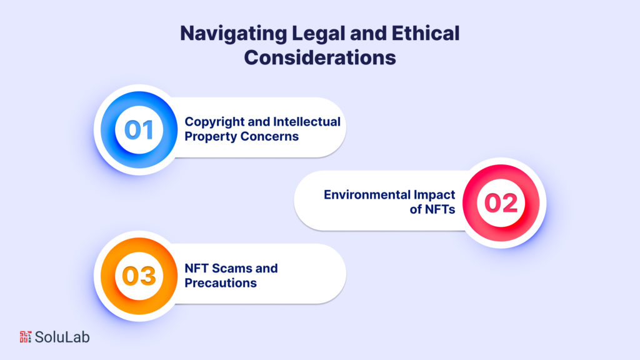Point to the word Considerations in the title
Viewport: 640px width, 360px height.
click(320, 57)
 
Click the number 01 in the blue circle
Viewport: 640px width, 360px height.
click(139, 129)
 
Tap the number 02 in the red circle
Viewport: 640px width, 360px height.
click(501, 203)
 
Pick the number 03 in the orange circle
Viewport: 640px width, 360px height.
click(139, 276)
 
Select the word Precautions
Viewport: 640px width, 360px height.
click(220, 282)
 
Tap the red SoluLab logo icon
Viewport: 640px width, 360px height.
click(25, 337)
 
